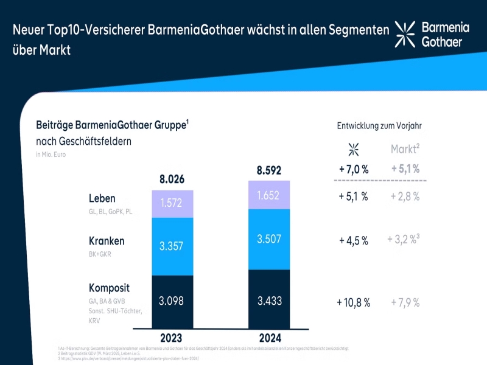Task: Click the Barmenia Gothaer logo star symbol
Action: pos(405,33)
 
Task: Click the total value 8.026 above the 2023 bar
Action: pos(172,179)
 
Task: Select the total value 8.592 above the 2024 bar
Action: pos(269,171)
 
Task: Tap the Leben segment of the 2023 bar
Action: pos(172,204)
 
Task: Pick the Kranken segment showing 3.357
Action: pos(172,246)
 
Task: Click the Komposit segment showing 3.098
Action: pos(172,301)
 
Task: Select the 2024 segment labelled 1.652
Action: pos(269,196)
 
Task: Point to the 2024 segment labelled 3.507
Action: pos(269,239)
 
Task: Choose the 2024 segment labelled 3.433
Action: pos(269,301)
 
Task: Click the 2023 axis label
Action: pos(172,338)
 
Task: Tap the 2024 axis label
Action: pos(269,338)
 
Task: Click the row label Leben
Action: pos(102,199)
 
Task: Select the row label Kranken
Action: pos(107,241)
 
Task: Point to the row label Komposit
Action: pos(110,288)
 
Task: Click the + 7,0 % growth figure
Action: pos(353,169)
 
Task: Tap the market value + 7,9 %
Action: pos(405,302)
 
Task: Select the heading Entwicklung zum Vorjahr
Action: pos(379,126)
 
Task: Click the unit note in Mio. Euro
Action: pos(51,155)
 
